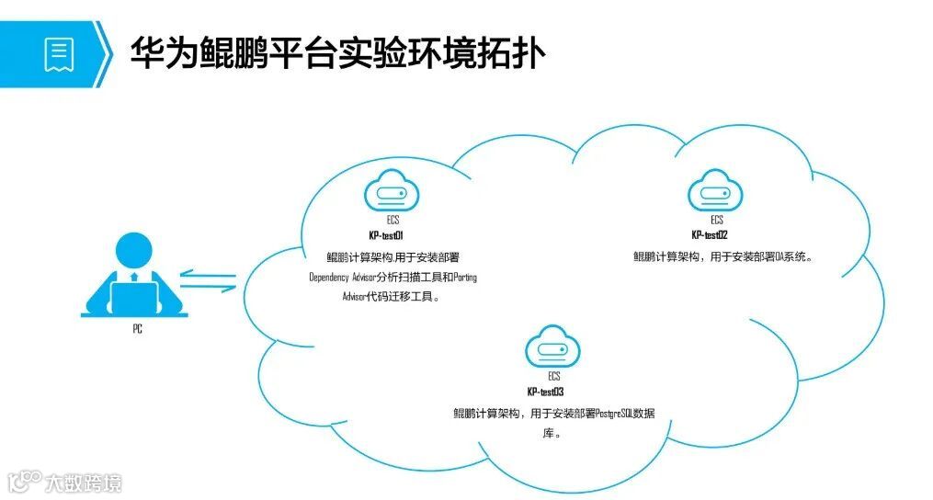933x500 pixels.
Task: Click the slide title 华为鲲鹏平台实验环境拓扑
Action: click(337, 53)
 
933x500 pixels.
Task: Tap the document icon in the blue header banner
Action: click(59, 54)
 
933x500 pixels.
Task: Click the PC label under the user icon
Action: click(137, 329)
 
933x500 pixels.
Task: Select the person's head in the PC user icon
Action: click(134, 248)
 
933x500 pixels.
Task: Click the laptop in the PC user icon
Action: click(134, 297)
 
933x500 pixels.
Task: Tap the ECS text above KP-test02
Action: click(716, 221)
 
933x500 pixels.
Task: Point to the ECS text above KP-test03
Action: click(553, 377)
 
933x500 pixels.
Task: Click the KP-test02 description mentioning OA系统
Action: click(724, 256)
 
